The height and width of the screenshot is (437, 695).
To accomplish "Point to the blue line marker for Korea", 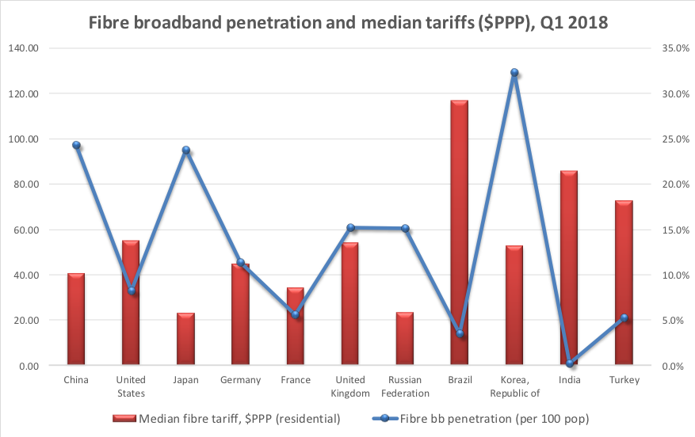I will click(514, 73).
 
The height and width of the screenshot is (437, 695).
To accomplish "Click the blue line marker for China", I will click(77, 146).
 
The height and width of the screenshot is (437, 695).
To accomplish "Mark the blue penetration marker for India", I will click(569, 363).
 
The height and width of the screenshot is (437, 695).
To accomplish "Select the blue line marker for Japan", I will click(186, 150).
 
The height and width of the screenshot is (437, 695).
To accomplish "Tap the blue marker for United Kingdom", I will click(350, 228).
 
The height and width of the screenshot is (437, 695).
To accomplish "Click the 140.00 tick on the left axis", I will click(24, 48).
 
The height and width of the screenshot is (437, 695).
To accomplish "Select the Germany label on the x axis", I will click(241, 380).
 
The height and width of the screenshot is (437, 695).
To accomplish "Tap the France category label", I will click(296, 380).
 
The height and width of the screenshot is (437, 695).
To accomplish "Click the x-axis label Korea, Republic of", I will click(514, 386).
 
